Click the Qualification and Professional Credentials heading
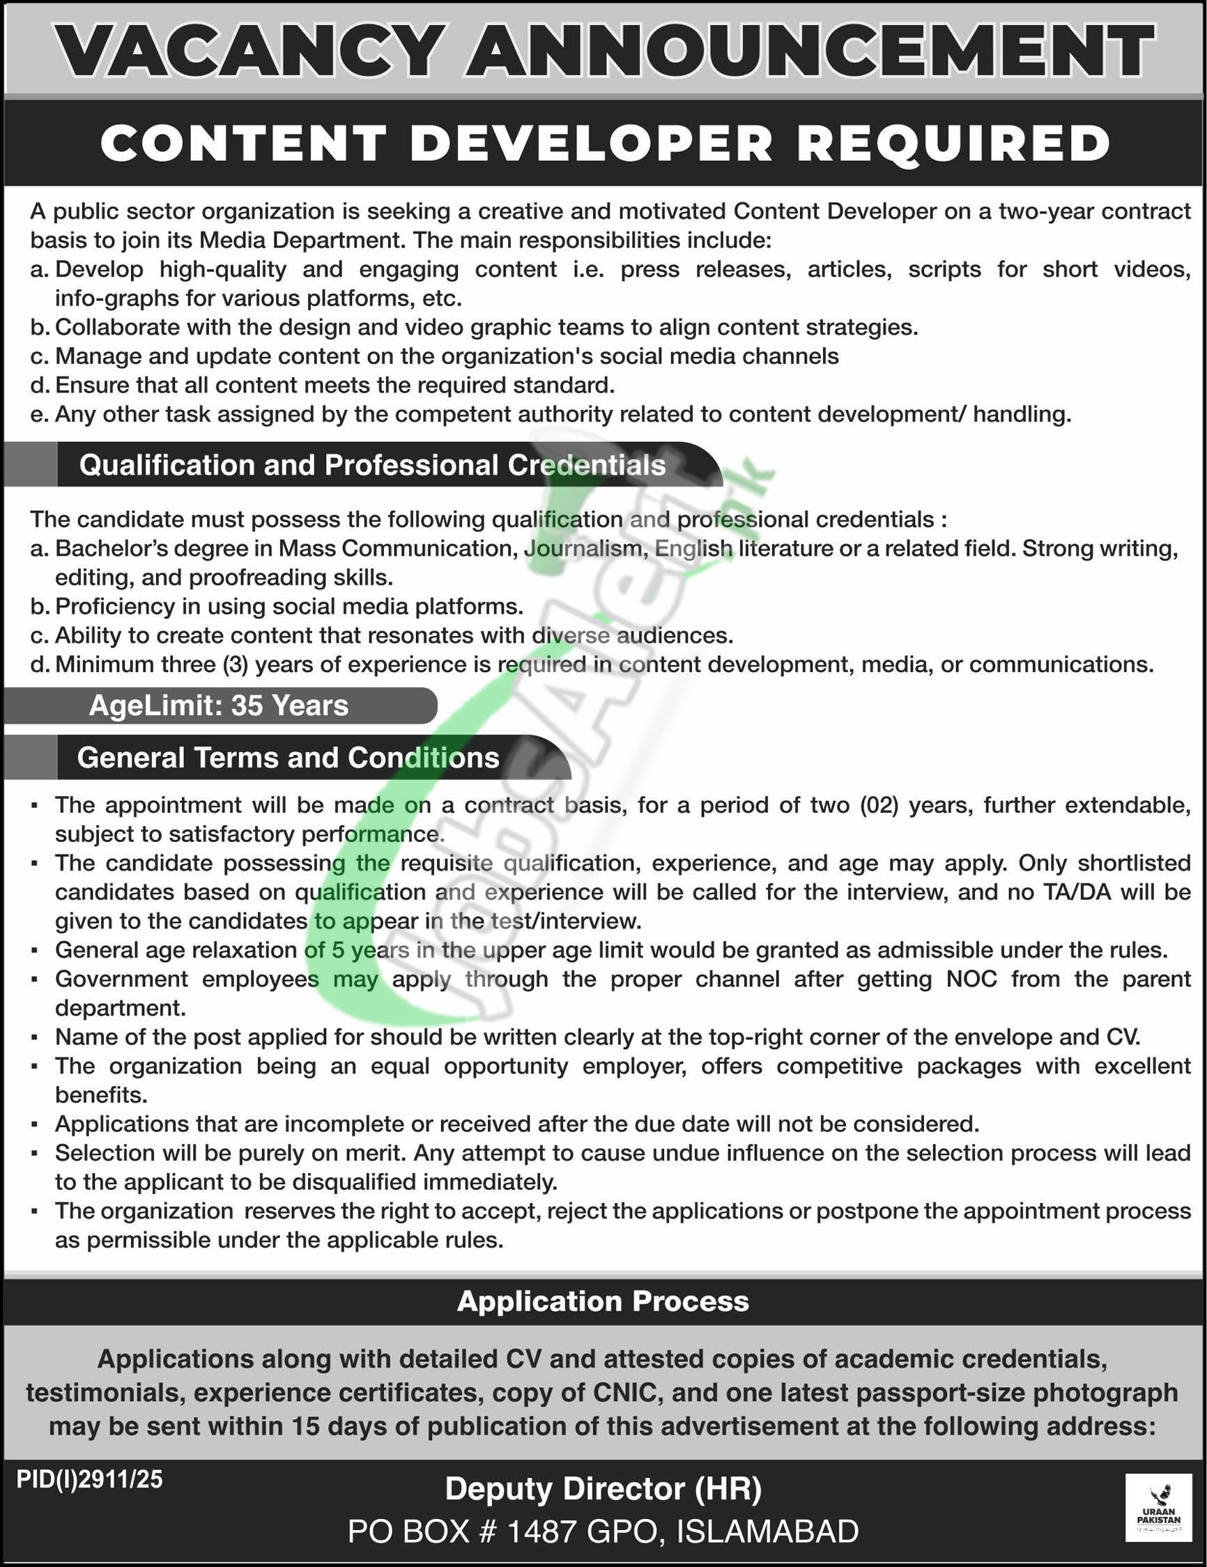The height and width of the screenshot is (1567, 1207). [372, 466]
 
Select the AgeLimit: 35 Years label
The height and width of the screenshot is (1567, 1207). [218, 706]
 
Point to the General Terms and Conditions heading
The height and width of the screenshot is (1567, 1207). [288, 758]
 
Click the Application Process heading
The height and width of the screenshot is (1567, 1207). [602, 1301]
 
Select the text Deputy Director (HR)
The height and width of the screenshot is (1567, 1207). [602, 1490]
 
